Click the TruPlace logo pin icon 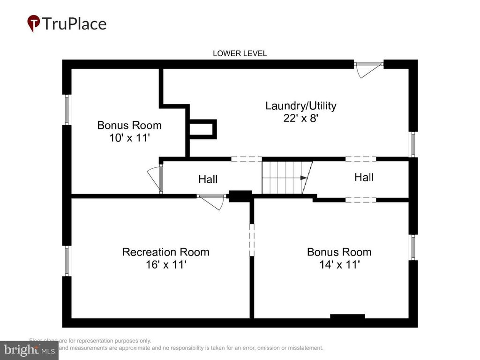(x=33, y=23)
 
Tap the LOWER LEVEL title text (x=240, y=53)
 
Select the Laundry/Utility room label (x=300, y=105)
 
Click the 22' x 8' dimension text (x=300, y=118)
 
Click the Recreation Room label (x=165, y=252)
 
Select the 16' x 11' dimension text (x=165, y=264)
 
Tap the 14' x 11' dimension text (x=339, y=264)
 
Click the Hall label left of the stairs (x=208, y=179)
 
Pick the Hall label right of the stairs (x=364, y=177)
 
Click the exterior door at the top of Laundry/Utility (x=368, y=69)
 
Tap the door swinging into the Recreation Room (x=210, y=202)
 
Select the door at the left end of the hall (x=156, y=179)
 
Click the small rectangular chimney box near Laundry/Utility (x=202, y=129)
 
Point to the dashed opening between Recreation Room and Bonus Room (x=252, y=240)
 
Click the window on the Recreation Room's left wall (x=67, y=261)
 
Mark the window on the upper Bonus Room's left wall (x=67, y=110)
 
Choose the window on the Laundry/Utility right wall (x=413, y=144)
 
